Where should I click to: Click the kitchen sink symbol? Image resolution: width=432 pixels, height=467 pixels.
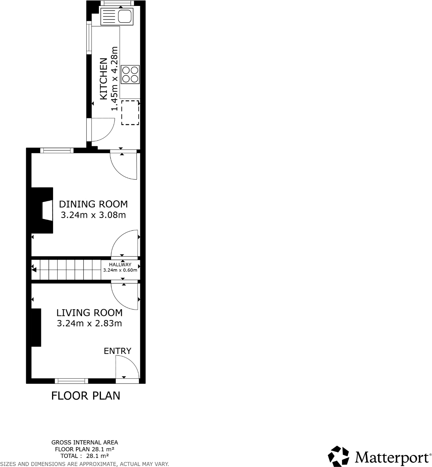point(117,16)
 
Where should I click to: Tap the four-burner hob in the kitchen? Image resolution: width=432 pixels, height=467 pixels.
point(130,74)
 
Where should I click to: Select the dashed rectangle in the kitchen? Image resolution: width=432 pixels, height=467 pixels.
point(130,113)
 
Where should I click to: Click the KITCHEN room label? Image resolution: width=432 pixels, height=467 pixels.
point(104,79)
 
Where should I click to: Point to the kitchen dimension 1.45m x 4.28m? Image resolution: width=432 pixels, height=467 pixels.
point(115,79)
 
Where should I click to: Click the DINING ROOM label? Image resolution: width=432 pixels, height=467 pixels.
point(93,204)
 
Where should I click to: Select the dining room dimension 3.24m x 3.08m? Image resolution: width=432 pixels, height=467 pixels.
point(93,215)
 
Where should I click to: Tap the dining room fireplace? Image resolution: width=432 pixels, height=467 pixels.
point(43,210)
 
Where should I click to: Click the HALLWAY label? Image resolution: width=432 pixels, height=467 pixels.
point(120,265)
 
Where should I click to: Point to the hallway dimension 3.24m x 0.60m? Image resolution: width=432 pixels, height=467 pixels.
point(120,270)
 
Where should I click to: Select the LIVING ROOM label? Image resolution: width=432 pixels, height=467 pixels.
point(89,312)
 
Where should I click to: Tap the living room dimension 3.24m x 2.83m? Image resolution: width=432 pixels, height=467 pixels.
point(89,324)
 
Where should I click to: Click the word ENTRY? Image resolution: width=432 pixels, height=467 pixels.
point(117,351)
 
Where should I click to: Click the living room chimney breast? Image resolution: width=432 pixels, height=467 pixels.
point(36,327)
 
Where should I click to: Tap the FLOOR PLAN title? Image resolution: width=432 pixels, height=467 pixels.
point(86,395)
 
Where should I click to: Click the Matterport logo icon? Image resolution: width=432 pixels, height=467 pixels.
point(338,456)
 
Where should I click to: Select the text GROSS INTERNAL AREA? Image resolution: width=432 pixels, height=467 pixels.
point(85,442)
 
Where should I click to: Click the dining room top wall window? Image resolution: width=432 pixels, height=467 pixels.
point(57,150)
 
